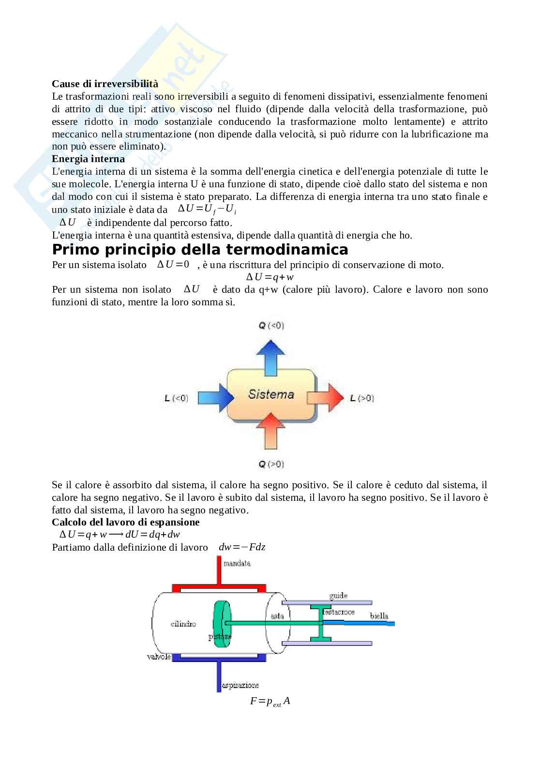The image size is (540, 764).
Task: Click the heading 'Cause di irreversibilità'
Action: (105, 84)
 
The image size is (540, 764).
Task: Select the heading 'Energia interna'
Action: (88, 159)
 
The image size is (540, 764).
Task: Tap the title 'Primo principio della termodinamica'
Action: (200, 250)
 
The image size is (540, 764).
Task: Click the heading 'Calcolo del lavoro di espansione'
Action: (125, 522)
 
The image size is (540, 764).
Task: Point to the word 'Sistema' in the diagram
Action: (271, 394)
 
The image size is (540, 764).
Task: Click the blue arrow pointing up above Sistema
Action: (270, 356)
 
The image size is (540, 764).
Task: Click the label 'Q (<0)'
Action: (271, 326)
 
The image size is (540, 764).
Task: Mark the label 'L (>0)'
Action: (361, 398)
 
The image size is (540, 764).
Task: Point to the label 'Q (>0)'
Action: (271, 464)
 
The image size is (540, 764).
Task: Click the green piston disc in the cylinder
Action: (223, 624)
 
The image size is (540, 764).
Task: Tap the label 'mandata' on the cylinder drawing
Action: (237, 564)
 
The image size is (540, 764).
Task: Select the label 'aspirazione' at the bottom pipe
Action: (240, 685)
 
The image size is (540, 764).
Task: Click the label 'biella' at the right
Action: (379, 616)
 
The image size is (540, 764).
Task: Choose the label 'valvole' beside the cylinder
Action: (159, 657)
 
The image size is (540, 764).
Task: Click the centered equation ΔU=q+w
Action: (270, 277)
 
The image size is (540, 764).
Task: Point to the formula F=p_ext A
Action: (270, 701)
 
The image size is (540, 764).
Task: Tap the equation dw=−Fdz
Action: (242, 547)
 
